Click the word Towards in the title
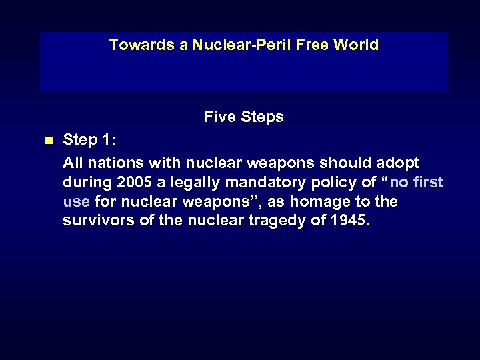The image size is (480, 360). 136,45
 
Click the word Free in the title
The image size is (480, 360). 313,45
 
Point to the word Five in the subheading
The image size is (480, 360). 219,117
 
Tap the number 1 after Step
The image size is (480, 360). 107,140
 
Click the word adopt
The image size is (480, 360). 398,163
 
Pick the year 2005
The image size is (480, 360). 137,183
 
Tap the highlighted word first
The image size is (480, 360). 429,183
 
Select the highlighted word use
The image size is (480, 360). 76,201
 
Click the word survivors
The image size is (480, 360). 96,221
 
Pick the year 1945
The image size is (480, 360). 348,221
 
